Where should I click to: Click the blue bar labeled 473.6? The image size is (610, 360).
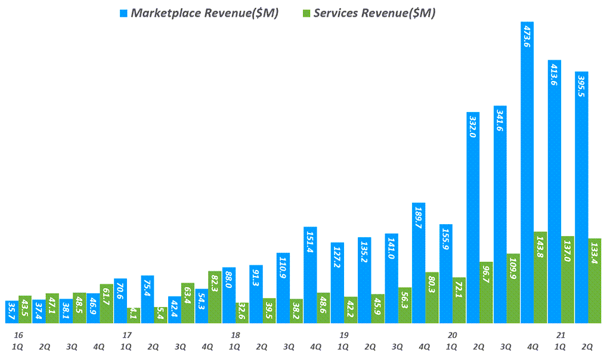pyautogui.click(x=527, y=173)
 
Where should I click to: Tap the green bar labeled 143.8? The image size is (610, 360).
pyautogui.click(x=540, y=277)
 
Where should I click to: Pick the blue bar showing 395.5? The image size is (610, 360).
pyautogui.click(x=581, y=197)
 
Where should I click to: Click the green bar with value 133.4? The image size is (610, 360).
pyautogui.click(x=594, y=281)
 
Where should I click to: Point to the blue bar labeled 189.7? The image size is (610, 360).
pyautogui.click(x=419, y=263)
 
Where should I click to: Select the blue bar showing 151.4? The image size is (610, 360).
pyautogui.click(x=310, y=275)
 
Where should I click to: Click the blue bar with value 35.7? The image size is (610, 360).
pyautogui.click(x=11, y=312)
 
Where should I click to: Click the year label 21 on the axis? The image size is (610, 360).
pyautogui.click(x=561, y=335)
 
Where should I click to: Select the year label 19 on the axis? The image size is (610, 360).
pyautogui.click(x=343, y=335)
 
